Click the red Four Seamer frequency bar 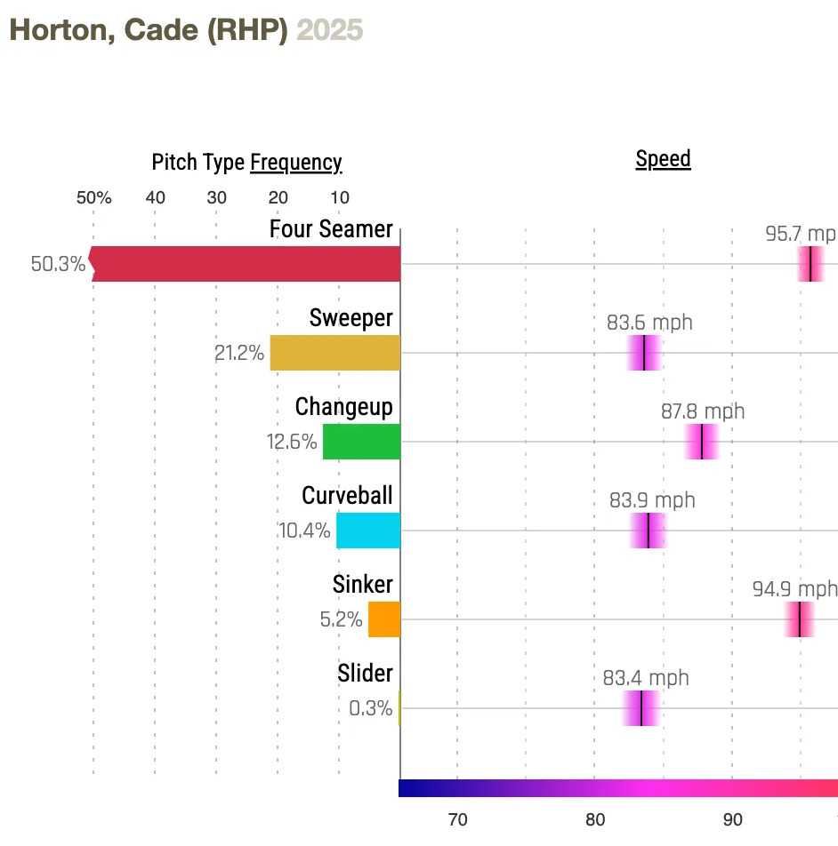[x=246, y=264]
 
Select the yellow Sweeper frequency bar [x=335, y=353]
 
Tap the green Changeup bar [x=361, y=442]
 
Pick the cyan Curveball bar [x=368, y=531]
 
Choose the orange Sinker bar [x=384, y=619]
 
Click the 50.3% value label [x=59, y=264]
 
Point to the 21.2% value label [x=239, y=353]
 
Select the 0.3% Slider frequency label [x=371, y=708]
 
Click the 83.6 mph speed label [x=649, y=323]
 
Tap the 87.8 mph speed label [x=703, y=411]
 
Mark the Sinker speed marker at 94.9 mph [x=800, y=619]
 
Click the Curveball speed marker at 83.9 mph [x=648, y=531]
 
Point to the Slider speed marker [x=641, y=708]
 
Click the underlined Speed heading [x=663, y=159]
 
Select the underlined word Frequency [x=295, y=163]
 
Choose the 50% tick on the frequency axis [x=93, y=197]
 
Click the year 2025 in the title [x=330, y=29]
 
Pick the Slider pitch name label [x=365, y=673]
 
